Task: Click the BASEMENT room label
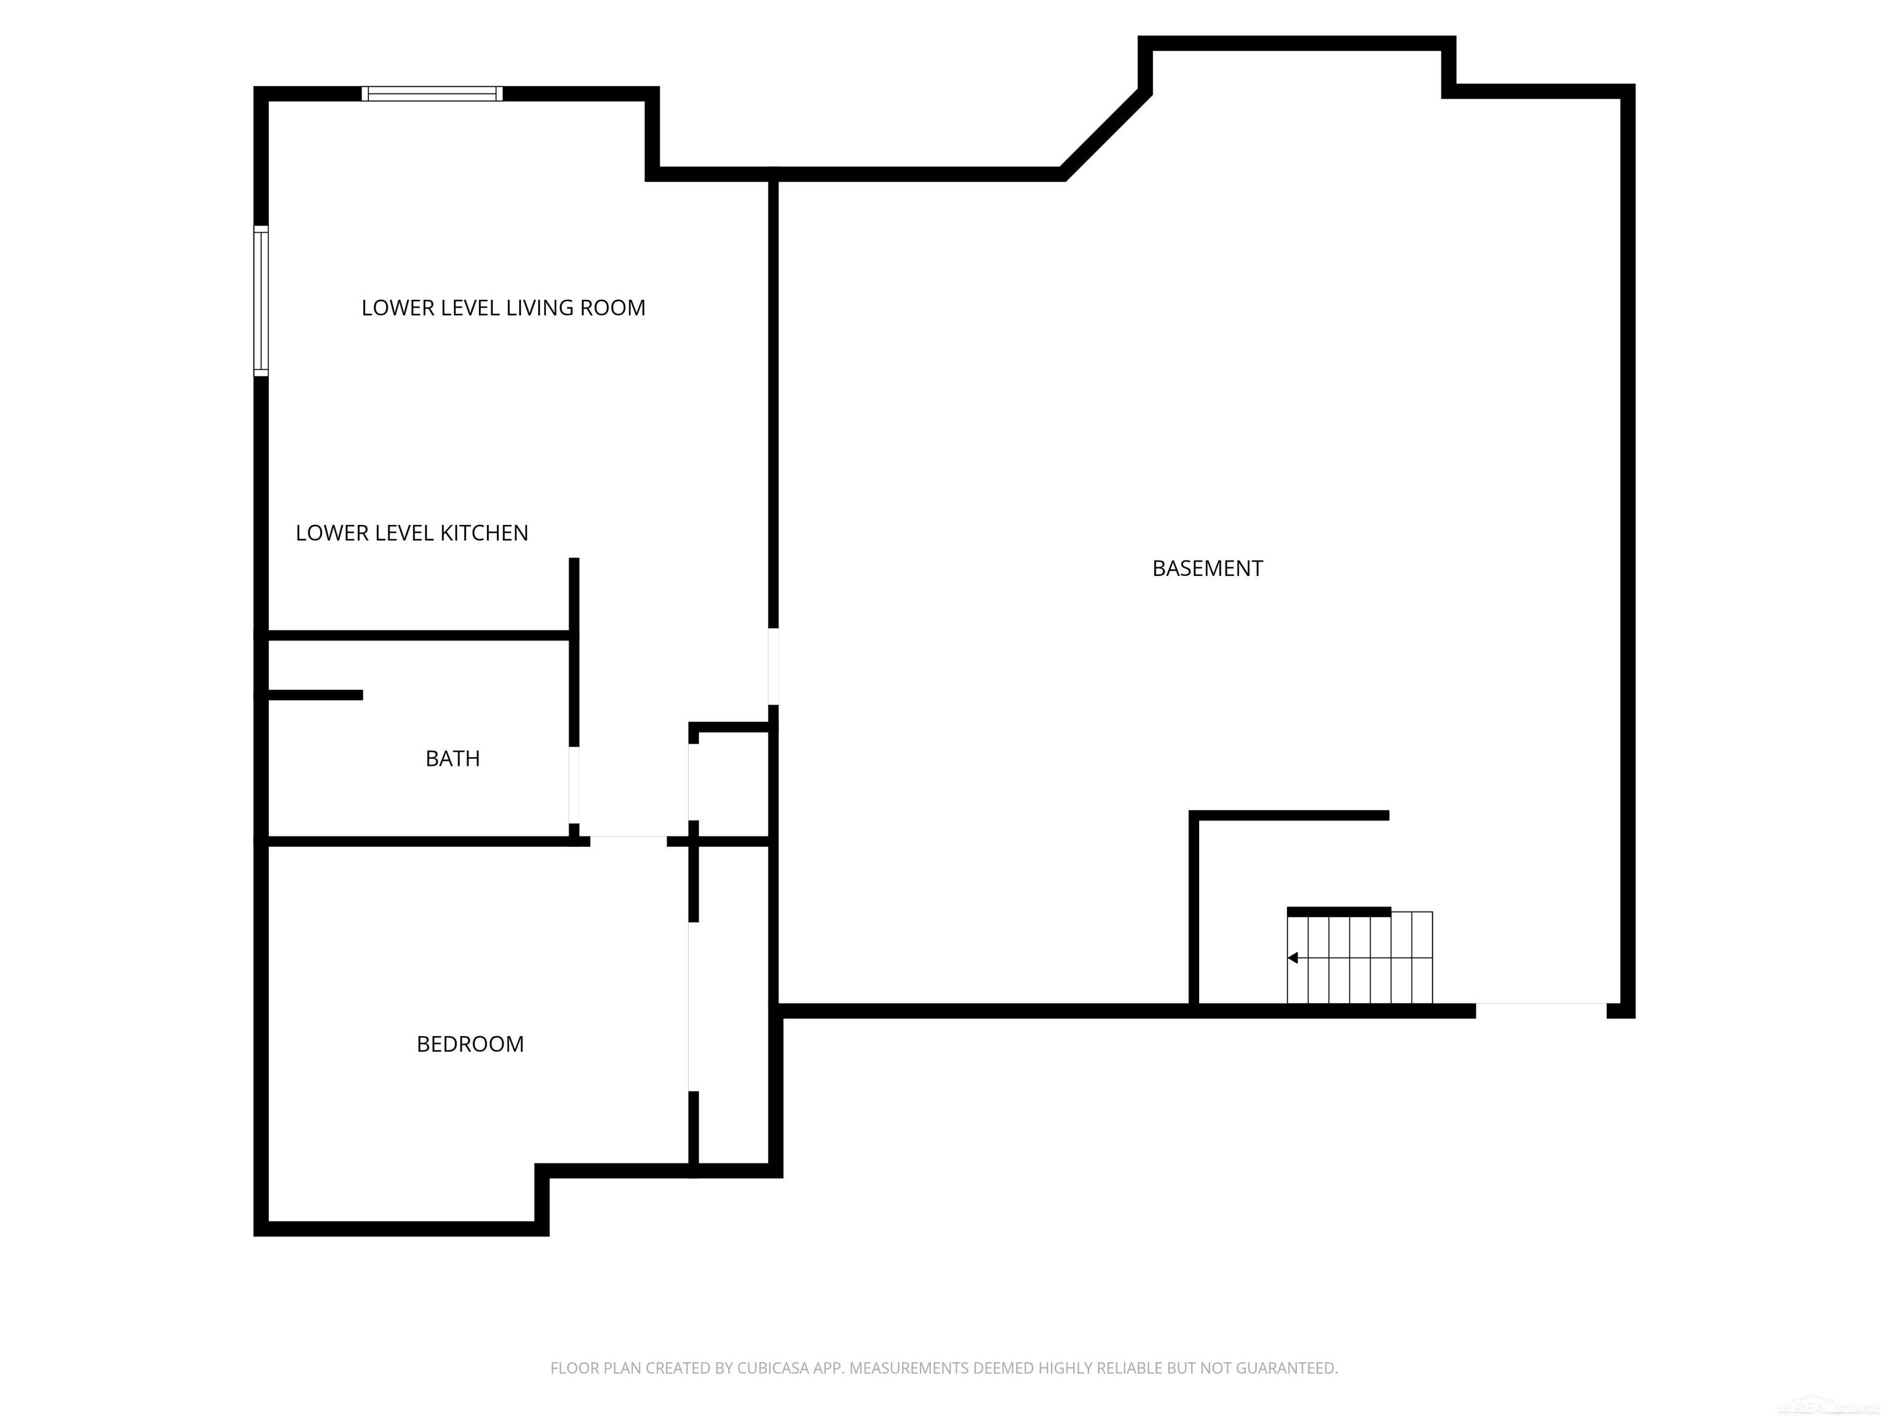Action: pos(1206,568)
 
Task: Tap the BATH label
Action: pos(452,759)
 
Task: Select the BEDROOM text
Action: pos(470,1044)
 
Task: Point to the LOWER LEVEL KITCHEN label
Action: pos(411,533)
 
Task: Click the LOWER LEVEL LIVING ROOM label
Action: pos(503,308)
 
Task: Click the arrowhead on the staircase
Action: pos(1293,958)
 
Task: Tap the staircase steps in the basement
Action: pos(1360,958)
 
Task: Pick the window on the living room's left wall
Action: pos(261,301)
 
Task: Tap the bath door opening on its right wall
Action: pos(574,785)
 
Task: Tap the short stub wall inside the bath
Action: pos(314,694)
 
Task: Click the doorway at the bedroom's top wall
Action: pos(628,841)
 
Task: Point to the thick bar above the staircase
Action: pos(1338,911)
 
